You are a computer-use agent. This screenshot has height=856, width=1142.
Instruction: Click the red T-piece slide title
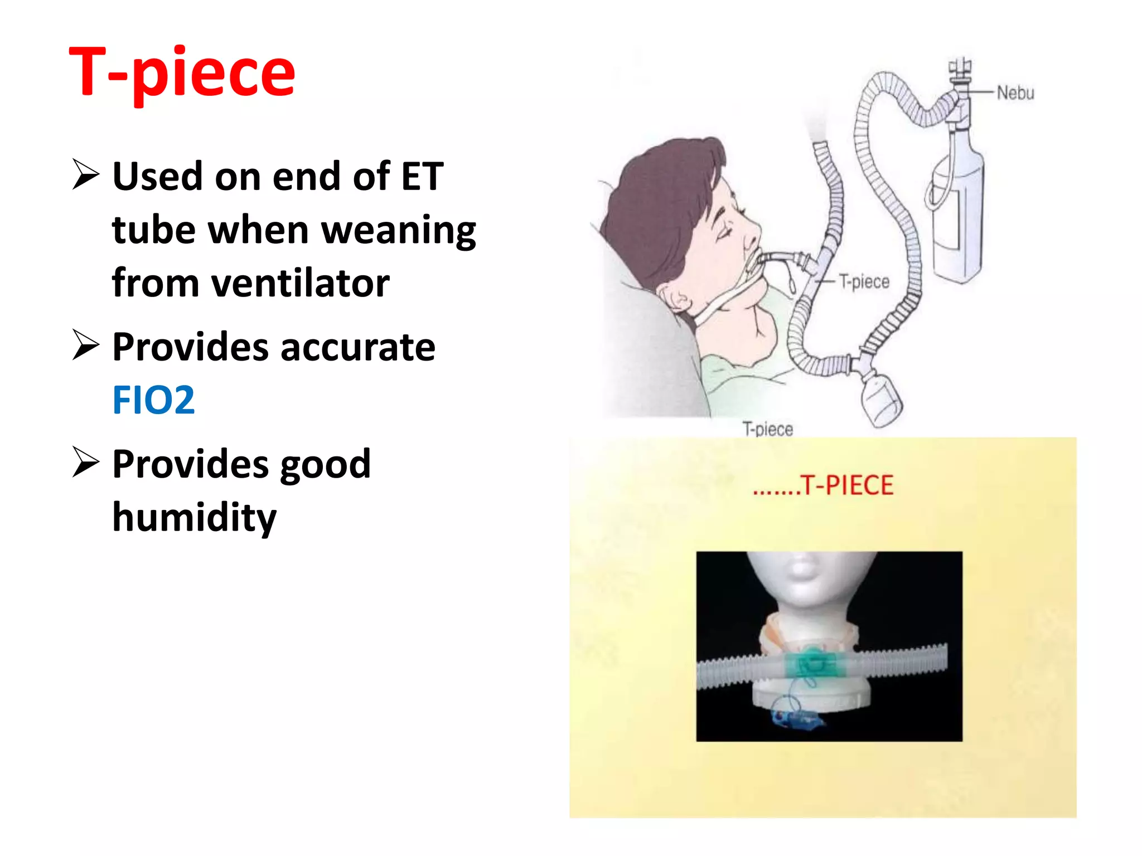tap(182, 72)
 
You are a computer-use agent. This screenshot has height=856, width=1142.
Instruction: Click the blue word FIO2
tap(153, 400)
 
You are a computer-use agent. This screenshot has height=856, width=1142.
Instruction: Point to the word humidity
tap(194, 518)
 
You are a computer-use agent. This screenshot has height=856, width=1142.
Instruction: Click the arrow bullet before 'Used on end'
tap(85, 174)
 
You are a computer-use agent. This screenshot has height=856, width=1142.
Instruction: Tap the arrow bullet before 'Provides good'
tap(85, 463)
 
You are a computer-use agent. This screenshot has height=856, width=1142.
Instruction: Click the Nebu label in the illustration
tap(1015, 93)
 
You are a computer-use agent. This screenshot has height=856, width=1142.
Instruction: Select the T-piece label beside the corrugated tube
tap(864, 281)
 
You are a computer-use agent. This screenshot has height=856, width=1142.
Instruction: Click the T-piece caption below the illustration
tap(767, 429)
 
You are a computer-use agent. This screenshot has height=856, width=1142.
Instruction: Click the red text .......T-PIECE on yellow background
tap(823, 485)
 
